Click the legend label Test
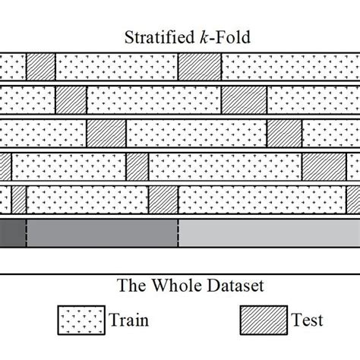(306, 320)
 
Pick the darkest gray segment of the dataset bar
(12, 232)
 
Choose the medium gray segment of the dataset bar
(102, 232)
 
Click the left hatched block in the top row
(41, 65)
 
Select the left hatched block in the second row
(71, 99)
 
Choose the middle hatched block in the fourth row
(137, 165)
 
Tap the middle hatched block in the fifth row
(163, 199)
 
